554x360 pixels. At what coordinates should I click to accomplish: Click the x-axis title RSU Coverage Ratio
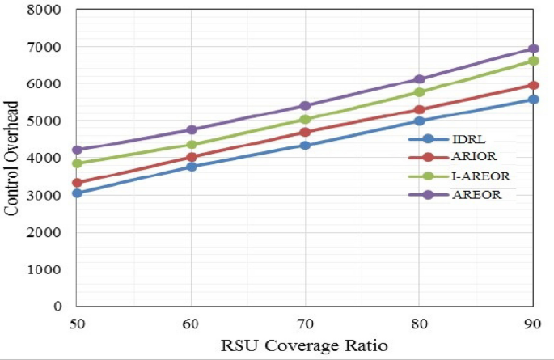coord(305,345)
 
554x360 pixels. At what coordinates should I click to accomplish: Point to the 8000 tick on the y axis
coord(49,10)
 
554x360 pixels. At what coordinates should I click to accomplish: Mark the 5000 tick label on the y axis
coord(49,121)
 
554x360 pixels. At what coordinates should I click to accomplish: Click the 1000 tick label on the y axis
coord(49,269)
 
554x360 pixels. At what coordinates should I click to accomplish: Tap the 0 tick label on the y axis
coord(59,307)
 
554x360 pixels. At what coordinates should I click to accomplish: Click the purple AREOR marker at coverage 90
coord(534,49)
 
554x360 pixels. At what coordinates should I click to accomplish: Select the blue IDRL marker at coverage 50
coord(77,193)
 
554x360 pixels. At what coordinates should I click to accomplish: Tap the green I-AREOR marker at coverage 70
coord(305,120)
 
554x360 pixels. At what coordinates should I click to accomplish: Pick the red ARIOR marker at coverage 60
coord(191,157)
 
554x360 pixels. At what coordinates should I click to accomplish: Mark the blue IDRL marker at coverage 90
coord(534,100)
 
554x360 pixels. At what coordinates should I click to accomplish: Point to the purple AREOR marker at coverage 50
coord(77,150)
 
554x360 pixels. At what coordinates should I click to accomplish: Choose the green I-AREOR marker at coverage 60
coord(191,145)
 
